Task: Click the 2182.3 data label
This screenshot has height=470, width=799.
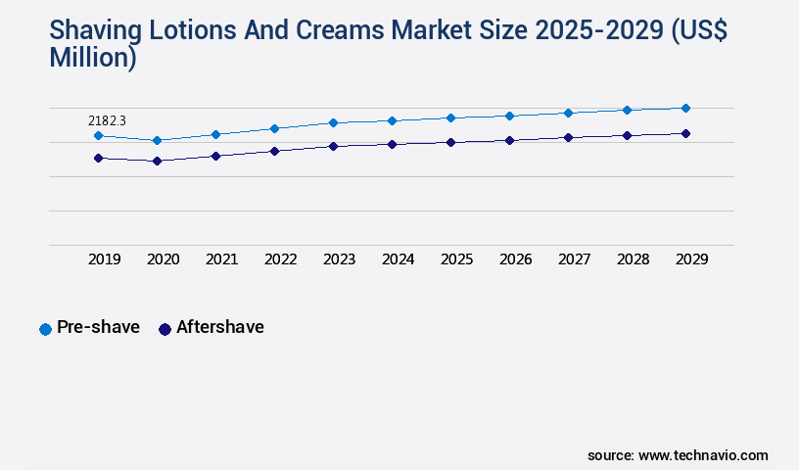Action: (x=107, y=120)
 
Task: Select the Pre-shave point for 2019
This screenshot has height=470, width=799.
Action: (x=98, y=136)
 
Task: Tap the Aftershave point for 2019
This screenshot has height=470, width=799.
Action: (x=98, y=158)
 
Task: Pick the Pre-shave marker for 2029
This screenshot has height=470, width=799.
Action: (x=685, y=108)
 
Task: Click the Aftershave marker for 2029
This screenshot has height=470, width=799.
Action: (x=685, y=133)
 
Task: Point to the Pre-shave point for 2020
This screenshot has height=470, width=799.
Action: (x=157, y=141)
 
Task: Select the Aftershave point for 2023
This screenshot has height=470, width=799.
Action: (x=333, y=146)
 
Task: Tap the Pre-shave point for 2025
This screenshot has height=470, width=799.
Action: (x=450, y=117)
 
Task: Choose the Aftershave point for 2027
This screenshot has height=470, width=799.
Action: (x=568, y=137)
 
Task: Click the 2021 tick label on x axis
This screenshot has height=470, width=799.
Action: (x=221, y=259)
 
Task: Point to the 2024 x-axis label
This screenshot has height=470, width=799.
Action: (x=398, y=259)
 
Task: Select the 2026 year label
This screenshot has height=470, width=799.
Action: (x=515, y=259)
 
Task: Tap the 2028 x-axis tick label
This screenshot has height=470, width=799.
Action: (x=633, y=259)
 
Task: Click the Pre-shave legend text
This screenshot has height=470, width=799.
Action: (x=98, y=327)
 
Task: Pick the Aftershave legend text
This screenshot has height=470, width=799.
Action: (x=219, y=327)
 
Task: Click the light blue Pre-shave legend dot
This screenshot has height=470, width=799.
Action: (x=45, y=329)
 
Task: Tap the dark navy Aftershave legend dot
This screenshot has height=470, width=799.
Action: (x=164, y=329)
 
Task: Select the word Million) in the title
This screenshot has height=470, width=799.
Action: (x=92, y=58)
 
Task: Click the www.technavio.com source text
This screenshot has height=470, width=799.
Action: (x=703, y=455)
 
